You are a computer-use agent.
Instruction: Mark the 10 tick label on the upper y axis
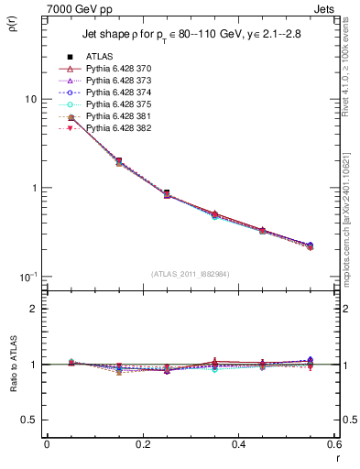(28, 99)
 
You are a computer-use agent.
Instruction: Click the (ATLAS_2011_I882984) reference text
(191, 274)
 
